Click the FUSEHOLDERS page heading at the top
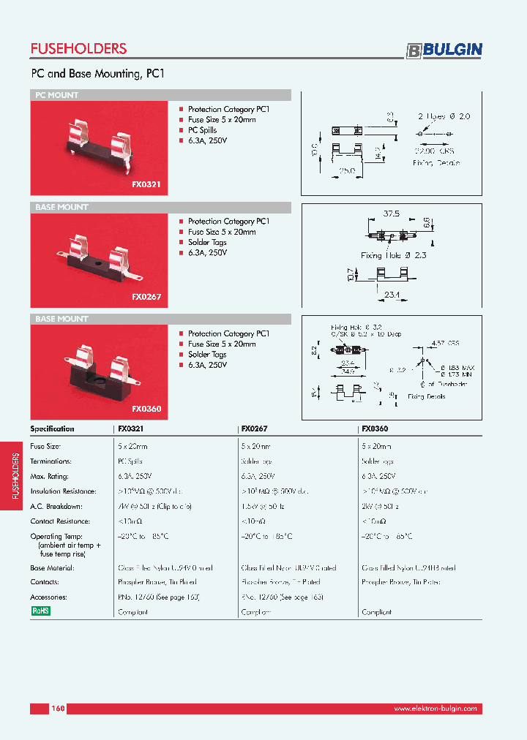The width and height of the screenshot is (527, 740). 78,49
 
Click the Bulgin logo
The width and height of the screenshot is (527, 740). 444,50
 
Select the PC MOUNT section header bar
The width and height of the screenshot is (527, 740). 160,95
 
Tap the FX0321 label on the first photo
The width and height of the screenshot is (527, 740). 146,186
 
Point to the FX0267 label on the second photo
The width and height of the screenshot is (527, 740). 146,298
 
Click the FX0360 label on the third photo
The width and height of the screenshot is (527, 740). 146,409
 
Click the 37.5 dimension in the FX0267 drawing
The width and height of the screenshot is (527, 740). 392,214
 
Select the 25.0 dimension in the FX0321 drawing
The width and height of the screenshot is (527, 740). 346,170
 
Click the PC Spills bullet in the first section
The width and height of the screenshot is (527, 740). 202,130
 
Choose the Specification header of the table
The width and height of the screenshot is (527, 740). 52,429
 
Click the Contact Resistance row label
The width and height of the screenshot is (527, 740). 60,521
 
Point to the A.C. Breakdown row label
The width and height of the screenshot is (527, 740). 56,506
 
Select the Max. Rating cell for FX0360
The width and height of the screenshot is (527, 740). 380,476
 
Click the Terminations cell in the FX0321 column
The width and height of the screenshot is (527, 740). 130,461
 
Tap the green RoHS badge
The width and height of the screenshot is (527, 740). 40,611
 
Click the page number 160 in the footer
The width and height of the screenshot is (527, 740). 59,709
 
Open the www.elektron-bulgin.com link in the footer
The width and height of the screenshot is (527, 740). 435,709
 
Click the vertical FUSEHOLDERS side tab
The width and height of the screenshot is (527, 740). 16,475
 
